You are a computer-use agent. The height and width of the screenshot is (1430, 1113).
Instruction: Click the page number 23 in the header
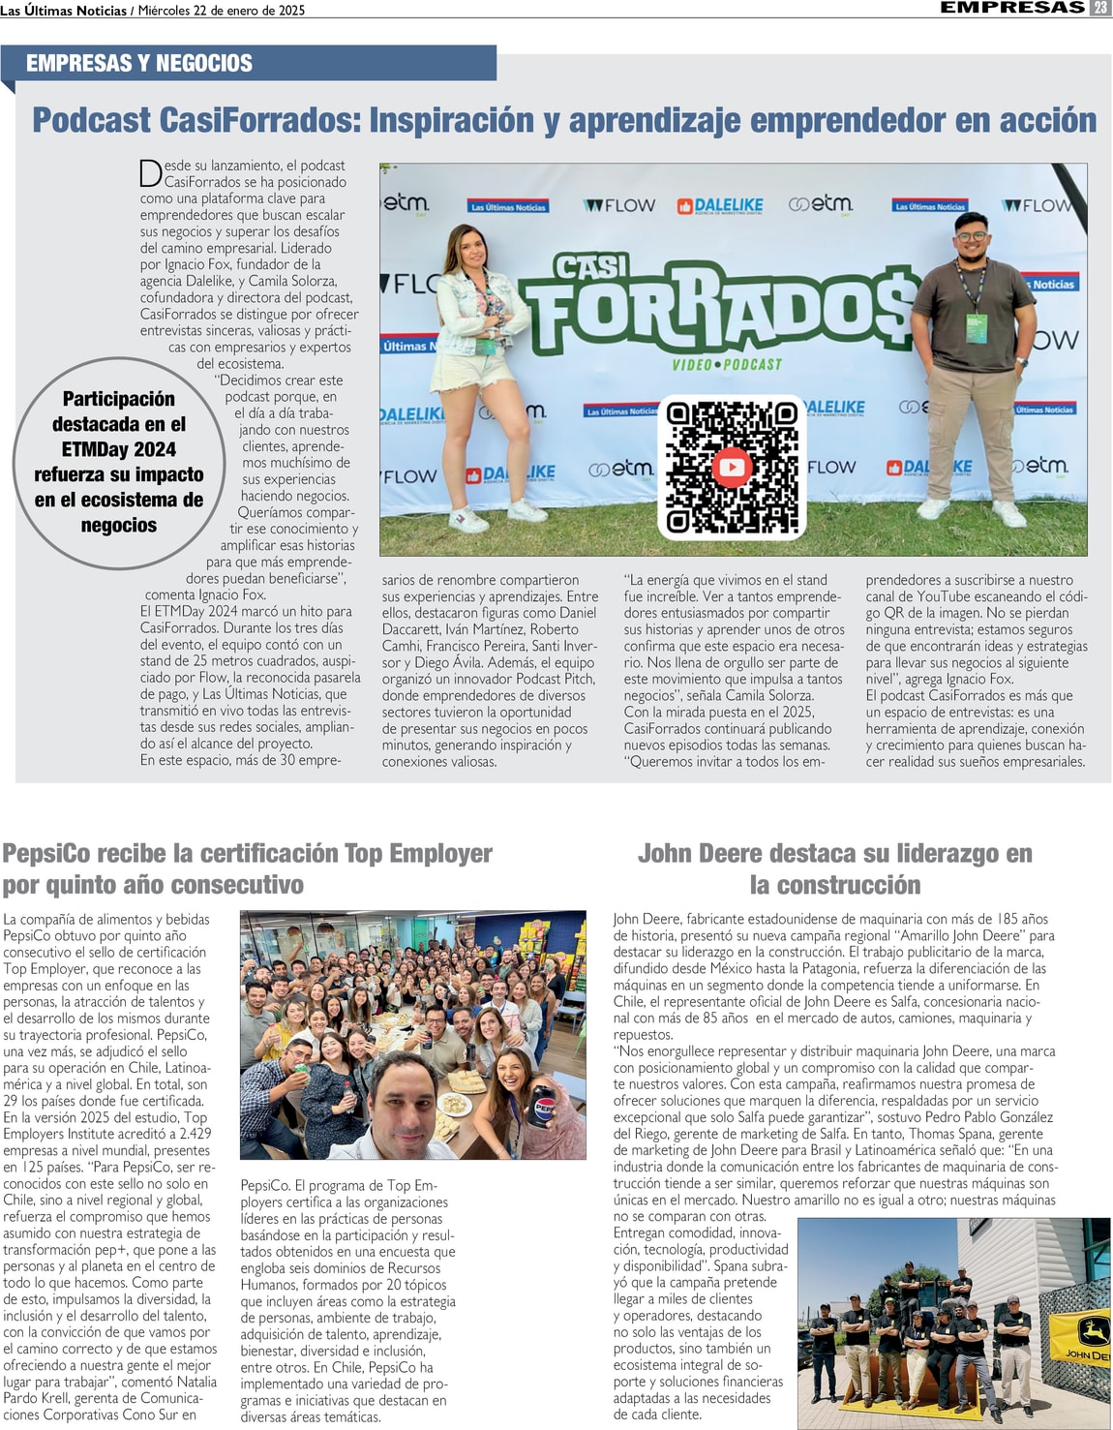click(x=1100, y=8)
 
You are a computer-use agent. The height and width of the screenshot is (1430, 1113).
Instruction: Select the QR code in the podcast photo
click(x=732, y=467)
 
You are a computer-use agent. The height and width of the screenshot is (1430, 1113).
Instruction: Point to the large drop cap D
click(x=150, y=173)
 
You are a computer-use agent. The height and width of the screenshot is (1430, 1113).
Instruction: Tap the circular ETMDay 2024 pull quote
click(x=118, y=463)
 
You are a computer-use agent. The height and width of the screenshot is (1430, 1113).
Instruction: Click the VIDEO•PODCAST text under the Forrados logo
click(x=726, y=364)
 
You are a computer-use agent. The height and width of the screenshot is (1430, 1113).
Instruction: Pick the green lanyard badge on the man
click(x=977, y=324)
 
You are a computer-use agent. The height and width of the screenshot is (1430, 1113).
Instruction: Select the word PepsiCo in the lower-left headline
click(x=46, y=854)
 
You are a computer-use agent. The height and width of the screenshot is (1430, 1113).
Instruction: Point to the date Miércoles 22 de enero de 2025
click(x=222, y=11)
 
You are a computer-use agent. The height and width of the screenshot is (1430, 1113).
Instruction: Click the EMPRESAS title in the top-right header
click(x=1012, y=8)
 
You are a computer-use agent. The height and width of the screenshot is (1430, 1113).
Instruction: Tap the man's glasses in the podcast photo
click(x=972, y=235)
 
